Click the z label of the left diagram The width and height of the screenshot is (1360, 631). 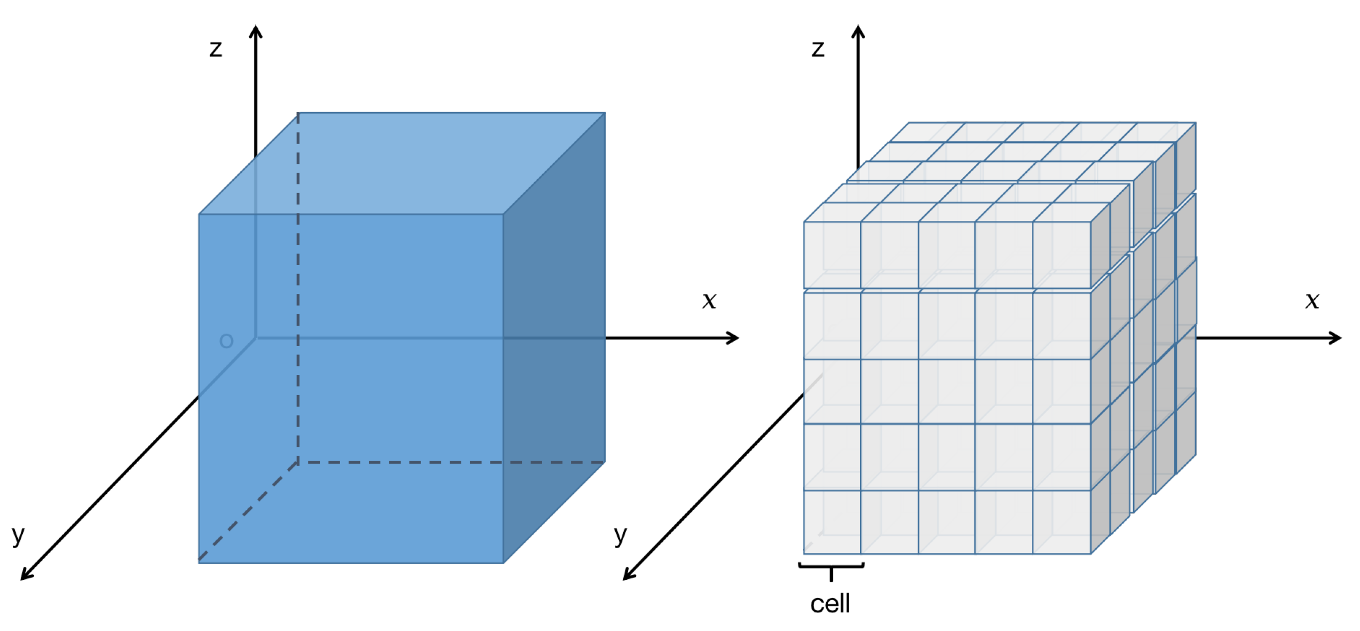215,49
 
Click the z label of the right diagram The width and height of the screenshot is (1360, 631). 817,49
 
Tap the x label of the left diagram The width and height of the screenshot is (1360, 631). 709,300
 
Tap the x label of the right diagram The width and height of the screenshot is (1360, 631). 1312,300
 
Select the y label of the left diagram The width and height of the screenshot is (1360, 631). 18,535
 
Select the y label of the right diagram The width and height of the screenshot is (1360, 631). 620,535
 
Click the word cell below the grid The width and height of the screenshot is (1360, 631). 830,604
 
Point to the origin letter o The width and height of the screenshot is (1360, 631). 226,341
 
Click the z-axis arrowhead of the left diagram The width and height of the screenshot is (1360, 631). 256,31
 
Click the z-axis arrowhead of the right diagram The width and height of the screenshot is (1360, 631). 859,31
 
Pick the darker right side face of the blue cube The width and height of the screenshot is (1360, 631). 554,338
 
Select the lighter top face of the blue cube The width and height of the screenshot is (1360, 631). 401,164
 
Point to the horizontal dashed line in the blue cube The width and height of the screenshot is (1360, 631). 449,462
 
